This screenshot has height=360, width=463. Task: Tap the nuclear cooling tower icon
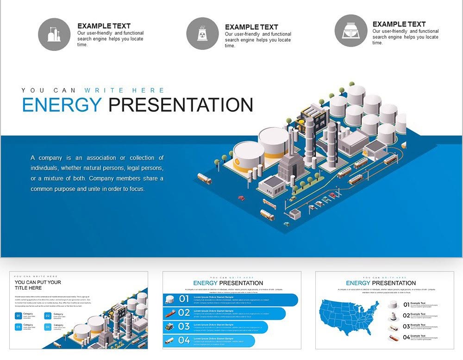tap(202, 33)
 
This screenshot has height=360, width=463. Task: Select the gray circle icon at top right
tap(350, 31)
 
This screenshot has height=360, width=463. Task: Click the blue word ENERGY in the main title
tap(62, 105)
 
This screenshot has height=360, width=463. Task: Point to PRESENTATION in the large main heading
tap(181, 105)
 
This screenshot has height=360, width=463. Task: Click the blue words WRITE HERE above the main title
tap(124, 91)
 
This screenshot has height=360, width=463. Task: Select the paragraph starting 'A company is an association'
tap(97, 174)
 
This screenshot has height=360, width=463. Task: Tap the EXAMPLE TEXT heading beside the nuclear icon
tap(251, 27)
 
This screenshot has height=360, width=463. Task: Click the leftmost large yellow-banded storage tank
tap(249, 156)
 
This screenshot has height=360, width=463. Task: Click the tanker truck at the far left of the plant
tap(204, 178)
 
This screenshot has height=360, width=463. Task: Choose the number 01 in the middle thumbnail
tap(184, 299)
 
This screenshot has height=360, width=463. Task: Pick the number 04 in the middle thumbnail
tap(184, 341)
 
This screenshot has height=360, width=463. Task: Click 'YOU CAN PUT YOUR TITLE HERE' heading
tap(38, 285)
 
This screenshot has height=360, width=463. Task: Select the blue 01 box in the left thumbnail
tap(19, 316)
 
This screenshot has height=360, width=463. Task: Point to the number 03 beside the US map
tap(406, 326)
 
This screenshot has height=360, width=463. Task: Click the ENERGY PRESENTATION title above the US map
tap(381, 283)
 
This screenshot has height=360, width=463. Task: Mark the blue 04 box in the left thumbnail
tap(48, 327)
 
